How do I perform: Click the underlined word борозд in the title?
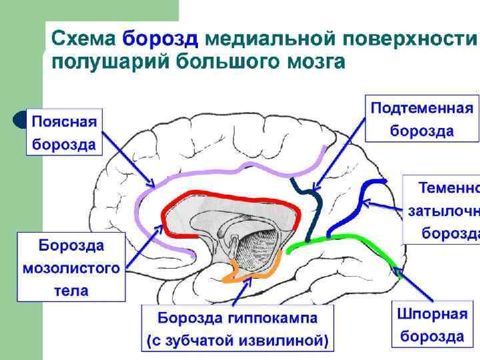pos(161,39)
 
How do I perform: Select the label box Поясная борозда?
pos(65,132)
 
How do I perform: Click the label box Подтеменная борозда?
pos(422,119)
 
